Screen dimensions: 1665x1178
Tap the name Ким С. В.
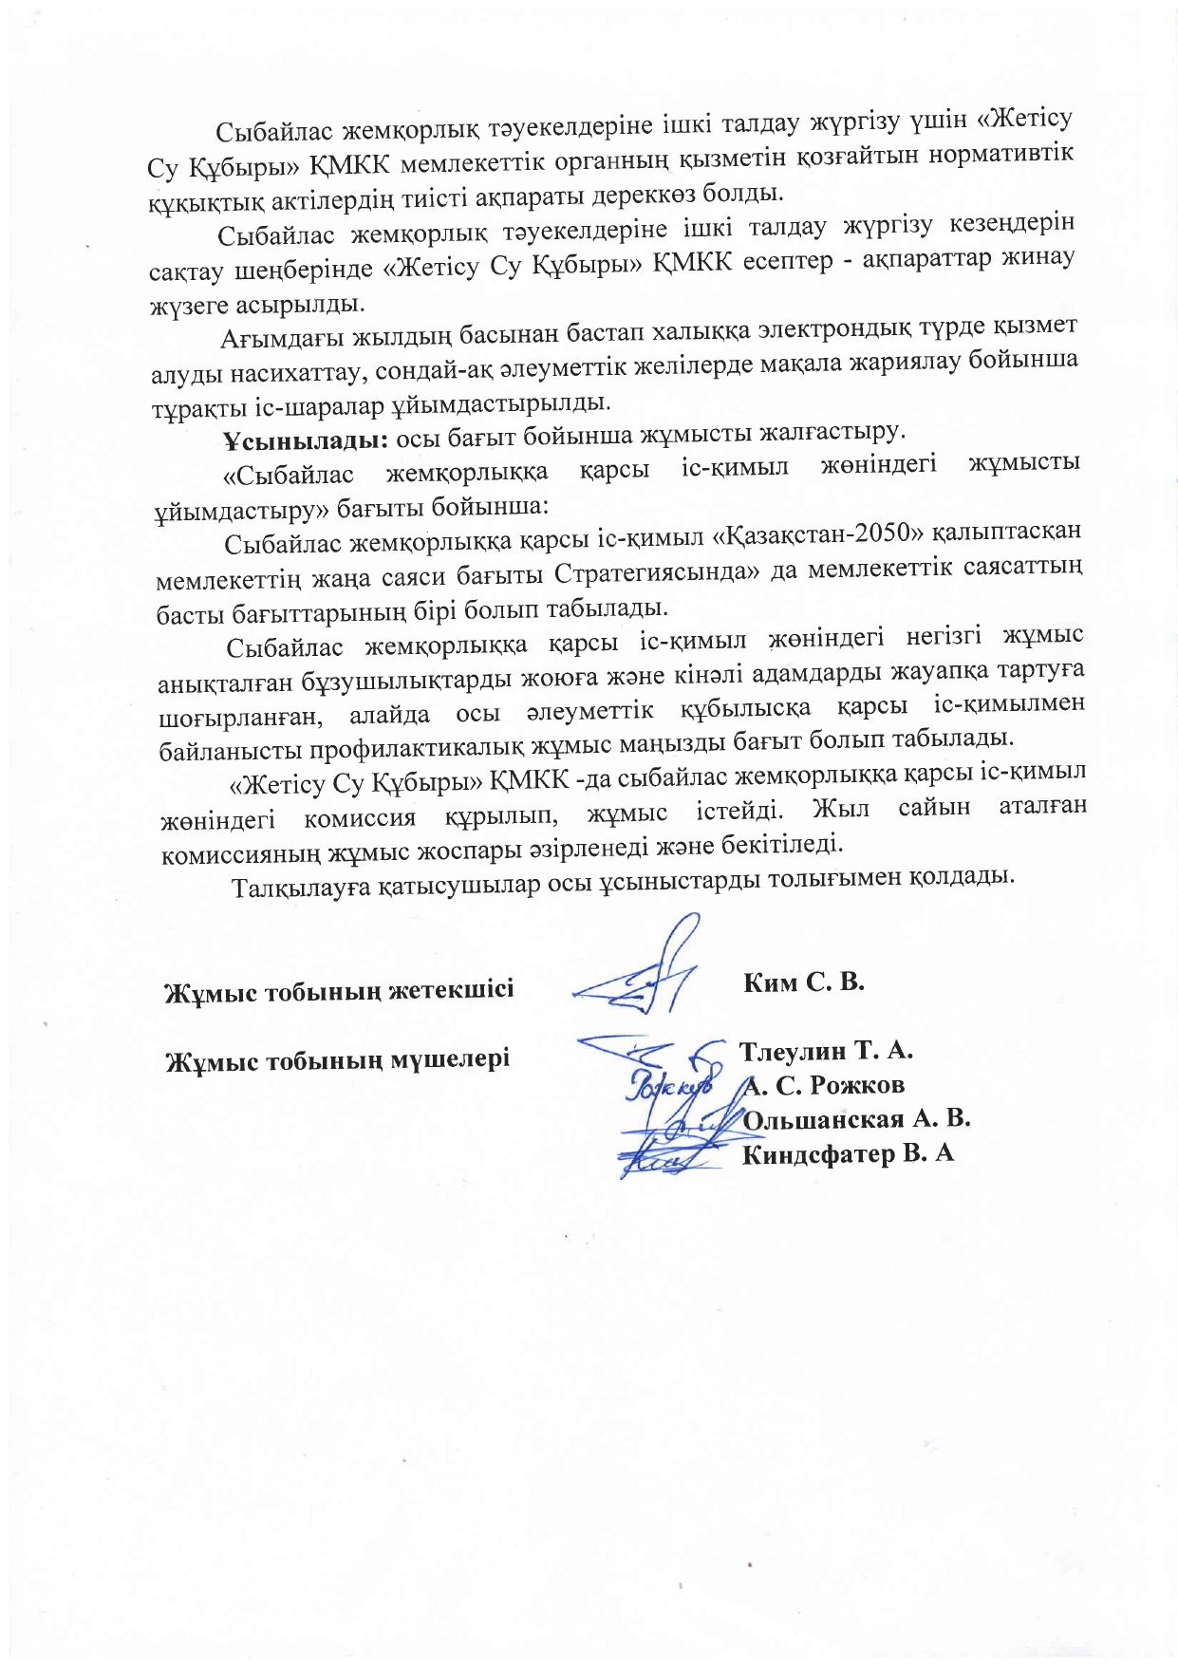click(803, 982)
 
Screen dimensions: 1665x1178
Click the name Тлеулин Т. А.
click(825, 1051)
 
